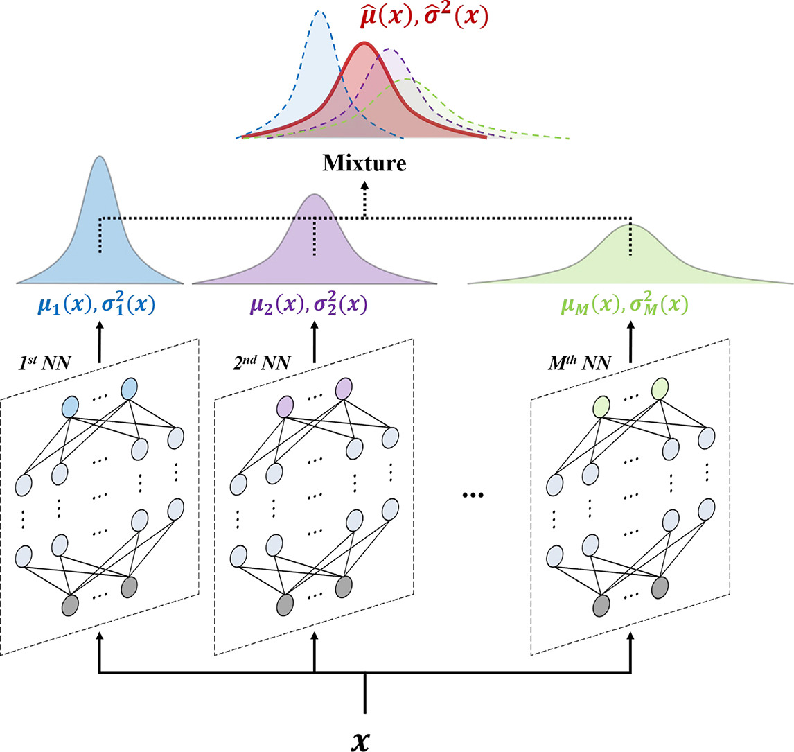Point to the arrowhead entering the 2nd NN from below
[x=315, y=636]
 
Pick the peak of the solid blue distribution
[x=100, y=158]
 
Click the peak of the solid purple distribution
[x=315, y=195]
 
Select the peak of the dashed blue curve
[x=319, y=12]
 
